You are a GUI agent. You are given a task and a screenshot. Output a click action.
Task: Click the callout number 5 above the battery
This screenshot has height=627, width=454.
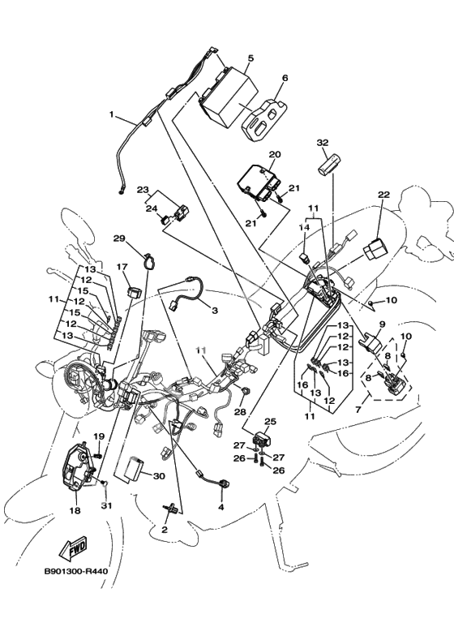[x=251, y=58]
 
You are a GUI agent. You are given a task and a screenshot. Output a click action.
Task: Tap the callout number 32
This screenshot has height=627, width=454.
[x=323, y=143]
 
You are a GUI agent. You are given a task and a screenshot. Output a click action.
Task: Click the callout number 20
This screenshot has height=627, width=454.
[x=275, y=154]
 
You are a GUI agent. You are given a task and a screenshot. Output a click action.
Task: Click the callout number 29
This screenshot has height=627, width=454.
[x=119, y=238]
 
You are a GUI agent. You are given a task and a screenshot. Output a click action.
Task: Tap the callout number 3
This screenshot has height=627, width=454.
[x=215, y=310]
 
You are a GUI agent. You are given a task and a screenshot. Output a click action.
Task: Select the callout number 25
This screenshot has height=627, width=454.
[x=271, y=421]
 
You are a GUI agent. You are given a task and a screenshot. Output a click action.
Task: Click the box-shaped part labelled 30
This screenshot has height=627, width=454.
[x=135, y=468]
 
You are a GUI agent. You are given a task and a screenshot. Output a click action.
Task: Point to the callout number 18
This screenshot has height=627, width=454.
[x=75, y=511]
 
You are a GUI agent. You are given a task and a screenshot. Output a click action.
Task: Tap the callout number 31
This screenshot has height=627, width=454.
[x=106, y=506]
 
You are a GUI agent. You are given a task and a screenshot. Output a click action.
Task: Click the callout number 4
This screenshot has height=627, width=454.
[x=221, y=507]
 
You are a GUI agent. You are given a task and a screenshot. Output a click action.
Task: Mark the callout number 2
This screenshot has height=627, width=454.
[x=165, y=530]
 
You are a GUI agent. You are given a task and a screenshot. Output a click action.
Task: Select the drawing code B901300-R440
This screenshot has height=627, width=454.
[x=76, y=571]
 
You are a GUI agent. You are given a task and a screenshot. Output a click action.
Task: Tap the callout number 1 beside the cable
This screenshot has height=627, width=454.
[x=112, y=114]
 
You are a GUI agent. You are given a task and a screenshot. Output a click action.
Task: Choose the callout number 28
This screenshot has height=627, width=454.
[x=241, y=412]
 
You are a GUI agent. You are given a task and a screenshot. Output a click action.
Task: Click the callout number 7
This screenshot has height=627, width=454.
[x=358, y=409]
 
